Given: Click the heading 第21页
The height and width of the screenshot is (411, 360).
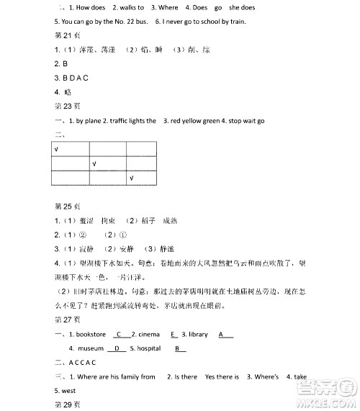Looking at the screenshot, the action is pos(65,35).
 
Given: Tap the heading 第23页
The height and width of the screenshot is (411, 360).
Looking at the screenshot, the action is pos(65,106).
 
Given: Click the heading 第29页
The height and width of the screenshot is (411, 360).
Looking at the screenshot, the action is pos(65,405).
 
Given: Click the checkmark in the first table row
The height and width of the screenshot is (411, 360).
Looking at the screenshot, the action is pos(57,149).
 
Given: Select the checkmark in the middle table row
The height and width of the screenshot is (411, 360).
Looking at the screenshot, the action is pos(94,163).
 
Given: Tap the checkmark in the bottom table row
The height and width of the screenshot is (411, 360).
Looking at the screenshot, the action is pos(131,177).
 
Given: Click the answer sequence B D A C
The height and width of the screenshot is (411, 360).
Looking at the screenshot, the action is pos(76,78).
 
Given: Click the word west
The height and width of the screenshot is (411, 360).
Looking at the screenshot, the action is pos(68,390).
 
